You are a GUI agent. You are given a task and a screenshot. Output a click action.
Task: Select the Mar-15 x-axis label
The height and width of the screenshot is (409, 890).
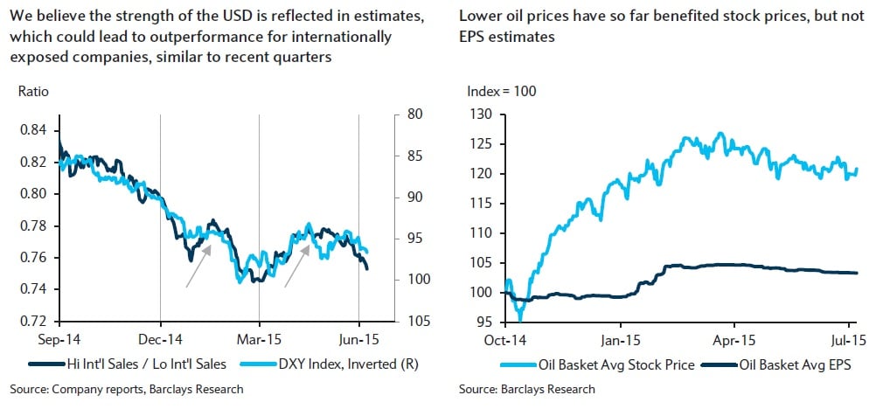(260, 336)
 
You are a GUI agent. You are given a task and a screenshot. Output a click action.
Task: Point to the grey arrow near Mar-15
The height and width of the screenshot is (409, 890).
(296, 265)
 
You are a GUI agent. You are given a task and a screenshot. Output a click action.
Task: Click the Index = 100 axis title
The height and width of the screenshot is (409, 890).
(501, 91)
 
